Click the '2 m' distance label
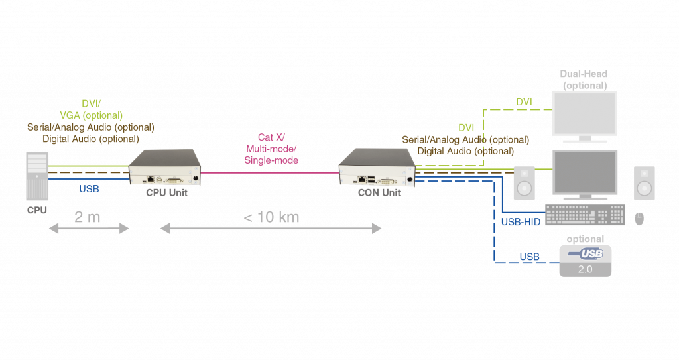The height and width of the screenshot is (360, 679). click(88, 217)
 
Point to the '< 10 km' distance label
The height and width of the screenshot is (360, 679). click(271, 217)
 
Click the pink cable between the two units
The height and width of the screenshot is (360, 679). click(271, 172)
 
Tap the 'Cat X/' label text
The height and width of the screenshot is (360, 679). click(271, 137)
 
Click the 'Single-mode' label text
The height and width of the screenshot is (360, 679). click(271, 160)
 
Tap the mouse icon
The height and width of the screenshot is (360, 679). click(639, 217)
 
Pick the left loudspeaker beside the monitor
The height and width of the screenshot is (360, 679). click(525, 182)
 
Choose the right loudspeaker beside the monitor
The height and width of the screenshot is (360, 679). click(644, 182)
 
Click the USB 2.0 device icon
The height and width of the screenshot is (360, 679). click(586, 261)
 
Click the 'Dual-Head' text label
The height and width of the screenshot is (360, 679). click(584, 74)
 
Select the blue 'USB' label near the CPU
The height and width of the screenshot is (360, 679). click(90, 189)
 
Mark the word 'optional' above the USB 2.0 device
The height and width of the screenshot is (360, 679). click(586, 239)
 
